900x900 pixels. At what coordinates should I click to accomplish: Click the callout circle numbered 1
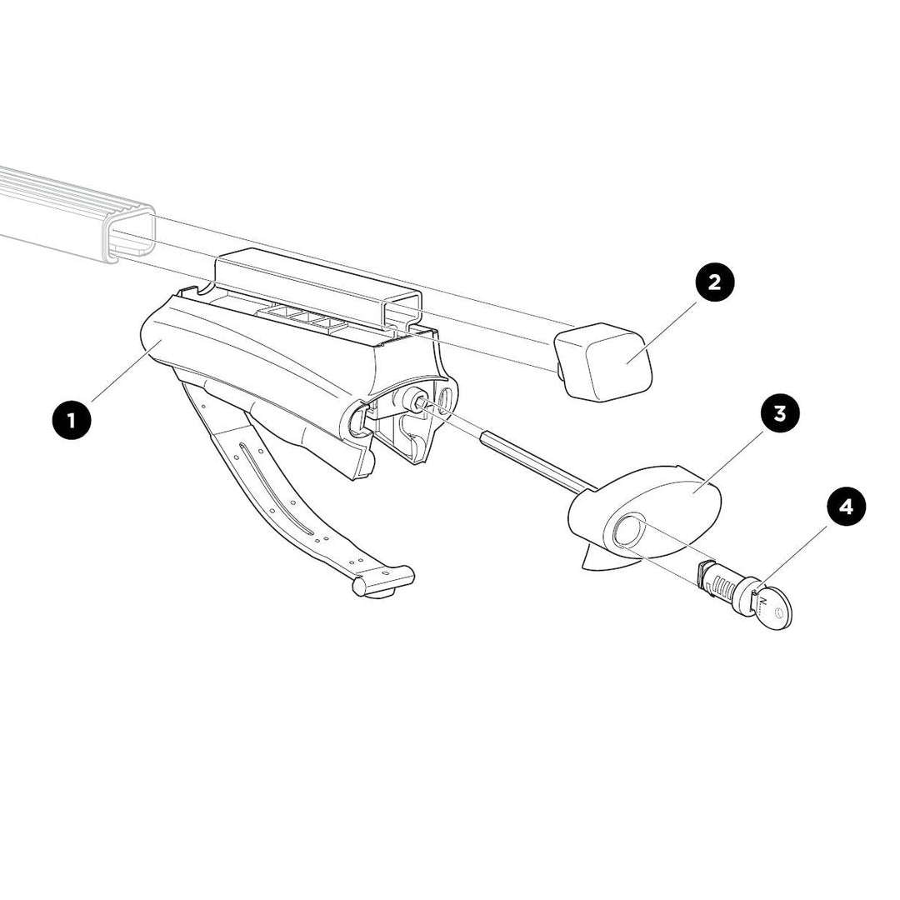click(72, 420)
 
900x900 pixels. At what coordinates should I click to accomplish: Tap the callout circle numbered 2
click(715, 282)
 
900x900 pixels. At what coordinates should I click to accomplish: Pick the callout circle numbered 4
click(846, 507)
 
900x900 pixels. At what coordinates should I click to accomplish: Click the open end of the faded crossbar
click(130, 236)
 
